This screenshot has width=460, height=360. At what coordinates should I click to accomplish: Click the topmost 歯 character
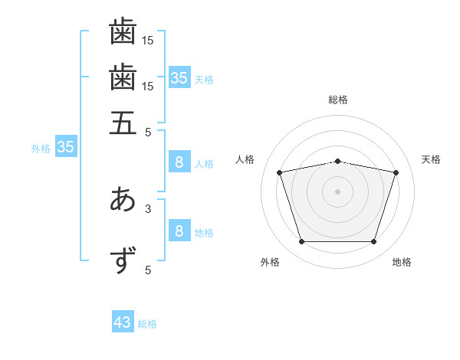click(123, 31)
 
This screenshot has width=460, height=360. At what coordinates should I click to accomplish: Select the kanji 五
click(123, 123)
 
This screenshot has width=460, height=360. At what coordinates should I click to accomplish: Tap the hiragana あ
click(123, 198)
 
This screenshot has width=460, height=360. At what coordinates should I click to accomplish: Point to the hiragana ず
click(123, 260)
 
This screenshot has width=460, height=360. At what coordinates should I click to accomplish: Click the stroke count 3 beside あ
click(148, 209)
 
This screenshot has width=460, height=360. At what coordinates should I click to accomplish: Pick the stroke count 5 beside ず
click(148, 270)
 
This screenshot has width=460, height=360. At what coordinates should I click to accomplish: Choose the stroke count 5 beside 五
click(148, 133)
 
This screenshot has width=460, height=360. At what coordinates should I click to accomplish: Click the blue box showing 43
click(123, 321)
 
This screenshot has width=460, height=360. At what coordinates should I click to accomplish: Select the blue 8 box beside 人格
click(179, 162)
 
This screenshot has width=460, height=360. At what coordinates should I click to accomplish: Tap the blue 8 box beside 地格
click(179, 230)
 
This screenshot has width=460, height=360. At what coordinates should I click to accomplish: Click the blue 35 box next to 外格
click(66, 146)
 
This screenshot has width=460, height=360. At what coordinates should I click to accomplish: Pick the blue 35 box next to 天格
click(179, 77)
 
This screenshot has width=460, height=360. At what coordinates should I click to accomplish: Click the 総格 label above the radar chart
click(338, 100)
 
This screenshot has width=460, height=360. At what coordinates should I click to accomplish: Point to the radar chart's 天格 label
click(431, 159)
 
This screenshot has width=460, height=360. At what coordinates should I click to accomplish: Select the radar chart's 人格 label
click(245, 159)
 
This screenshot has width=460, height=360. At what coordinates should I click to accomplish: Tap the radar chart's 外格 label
click(270, 262)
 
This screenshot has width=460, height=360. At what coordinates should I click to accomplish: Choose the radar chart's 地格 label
click(402, 262)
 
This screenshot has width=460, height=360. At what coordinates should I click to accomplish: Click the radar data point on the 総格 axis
click(337, 162)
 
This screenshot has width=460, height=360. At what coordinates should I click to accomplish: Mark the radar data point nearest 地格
click(373, 242)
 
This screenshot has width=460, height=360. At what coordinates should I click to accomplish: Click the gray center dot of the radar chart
click(337, 191)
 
